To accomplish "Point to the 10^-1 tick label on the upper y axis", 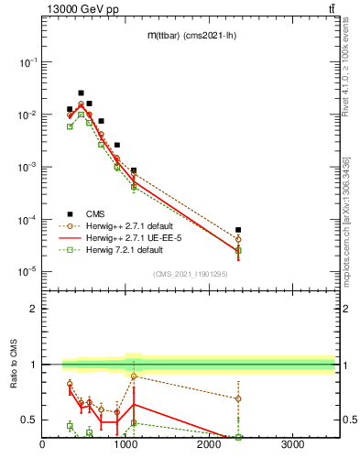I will click(28, 62).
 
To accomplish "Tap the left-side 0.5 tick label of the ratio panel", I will click(30, 420).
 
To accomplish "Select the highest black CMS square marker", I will click(81, 93).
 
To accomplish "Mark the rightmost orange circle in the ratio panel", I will click(238, 398).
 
